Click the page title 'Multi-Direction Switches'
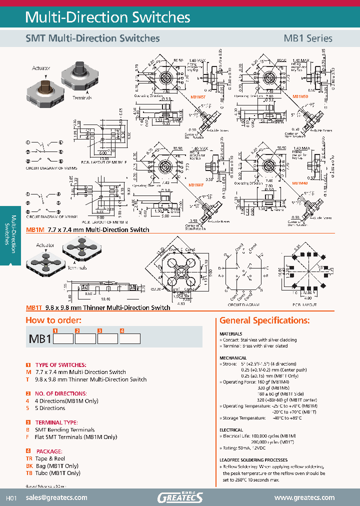pyautogui.click(x=107, y=17)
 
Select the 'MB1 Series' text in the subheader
pyautogui.click(x=307, y=38)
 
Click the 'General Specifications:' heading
pyautogui.click(x=264, y=320)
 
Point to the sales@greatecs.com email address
pyautogui.click(x=56, y=497)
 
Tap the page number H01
pyautogui.click(x=11, y=498)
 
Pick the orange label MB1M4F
pyautogui.click(x=196, y=185)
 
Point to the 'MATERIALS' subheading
pyautogui.click(x=231, y=333)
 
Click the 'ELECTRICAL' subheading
pyautogui.click(x=231, y=430)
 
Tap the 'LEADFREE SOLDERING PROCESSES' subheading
pyautogui.click(x=253, y=460)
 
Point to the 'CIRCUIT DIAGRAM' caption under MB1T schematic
pyautogui.click(x=244, y=304)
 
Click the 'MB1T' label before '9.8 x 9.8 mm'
pyautogui.click(x=33, y=308)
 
